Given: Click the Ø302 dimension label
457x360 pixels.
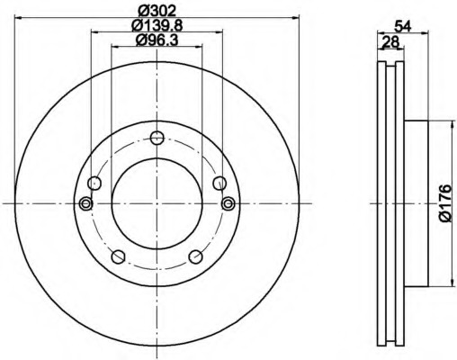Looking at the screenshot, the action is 157,11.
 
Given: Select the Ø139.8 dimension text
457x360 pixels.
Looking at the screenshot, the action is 157,25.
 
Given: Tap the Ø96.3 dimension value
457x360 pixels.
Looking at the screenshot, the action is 157,40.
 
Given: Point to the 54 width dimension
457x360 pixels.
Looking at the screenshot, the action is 402,26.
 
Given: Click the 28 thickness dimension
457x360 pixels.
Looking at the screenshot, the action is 390,41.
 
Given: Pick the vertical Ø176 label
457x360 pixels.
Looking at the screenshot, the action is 444,203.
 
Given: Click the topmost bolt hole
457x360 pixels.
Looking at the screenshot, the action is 157,138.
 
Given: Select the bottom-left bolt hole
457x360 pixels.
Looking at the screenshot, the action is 118,256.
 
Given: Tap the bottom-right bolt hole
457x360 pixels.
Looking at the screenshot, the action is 196,256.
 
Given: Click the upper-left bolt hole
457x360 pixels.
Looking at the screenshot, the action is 94,183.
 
